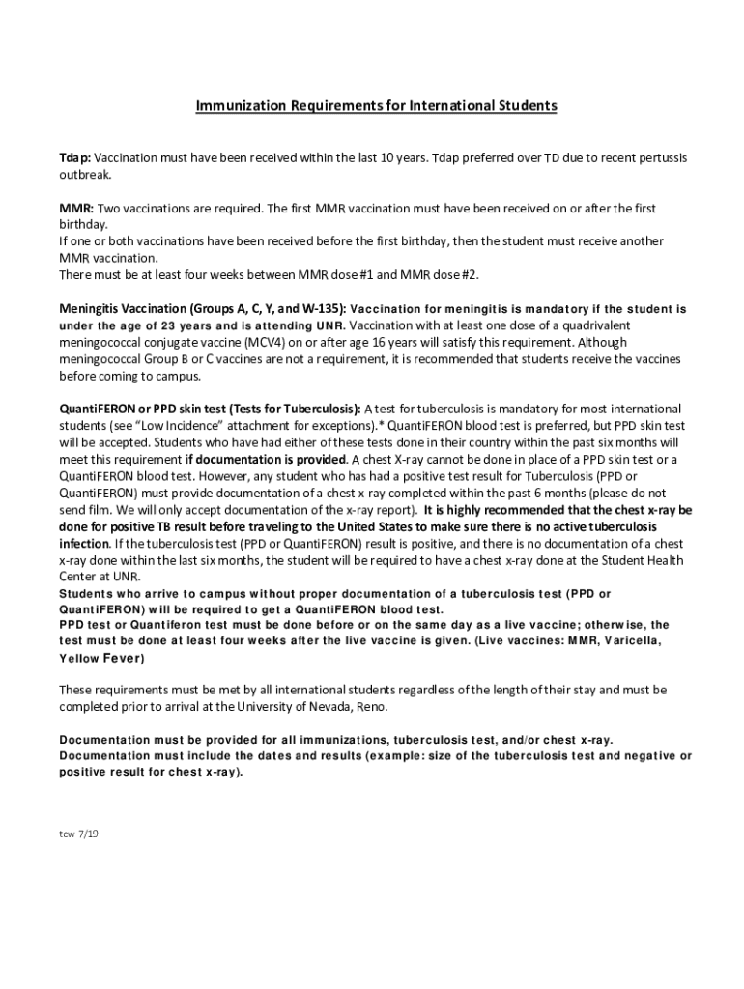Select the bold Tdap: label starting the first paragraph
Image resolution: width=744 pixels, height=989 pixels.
click(x=74, y=157)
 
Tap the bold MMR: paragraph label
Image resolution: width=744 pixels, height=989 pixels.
click(x=76, y=209)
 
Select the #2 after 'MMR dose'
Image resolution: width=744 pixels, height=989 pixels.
click(x=469, y=274)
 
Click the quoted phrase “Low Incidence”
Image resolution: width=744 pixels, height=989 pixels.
click(x=173, y=426)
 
